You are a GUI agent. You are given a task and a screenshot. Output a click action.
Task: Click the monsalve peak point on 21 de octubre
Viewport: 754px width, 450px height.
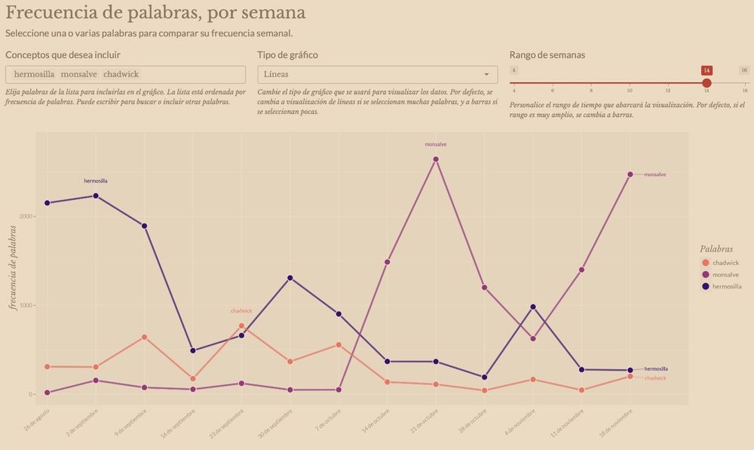[436, 159]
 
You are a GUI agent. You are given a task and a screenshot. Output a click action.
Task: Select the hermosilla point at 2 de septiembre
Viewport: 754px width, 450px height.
[96, 196]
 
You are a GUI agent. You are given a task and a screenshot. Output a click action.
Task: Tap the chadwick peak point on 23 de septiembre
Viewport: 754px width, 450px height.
[241, 326]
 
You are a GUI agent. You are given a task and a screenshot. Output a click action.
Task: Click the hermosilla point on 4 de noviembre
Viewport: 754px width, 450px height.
[533, 307]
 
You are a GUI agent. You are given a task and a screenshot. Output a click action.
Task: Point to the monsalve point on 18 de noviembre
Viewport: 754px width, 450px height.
[630, 174]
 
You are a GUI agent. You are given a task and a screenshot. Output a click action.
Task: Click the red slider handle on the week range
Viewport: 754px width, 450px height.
[706, 83]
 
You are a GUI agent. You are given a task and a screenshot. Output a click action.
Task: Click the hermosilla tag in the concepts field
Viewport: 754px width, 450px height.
[35, 75]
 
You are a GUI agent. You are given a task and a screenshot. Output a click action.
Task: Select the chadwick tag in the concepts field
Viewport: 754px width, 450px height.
[121, 75]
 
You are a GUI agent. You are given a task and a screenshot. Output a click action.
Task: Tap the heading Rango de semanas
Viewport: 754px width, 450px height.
[547, 55]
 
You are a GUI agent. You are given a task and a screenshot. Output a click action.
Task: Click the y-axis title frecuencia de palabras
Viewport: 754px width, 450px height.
[13, 268]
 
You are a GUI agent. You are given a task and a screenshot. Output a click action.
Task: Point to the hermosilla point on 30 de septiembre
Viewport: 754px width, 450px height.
[290, 278]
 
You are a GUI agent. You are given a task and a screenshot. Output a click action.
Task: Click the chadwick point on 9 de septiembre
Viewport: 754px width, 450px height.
[144, 337]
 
